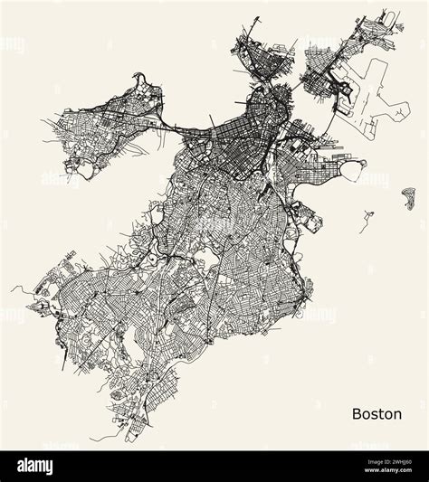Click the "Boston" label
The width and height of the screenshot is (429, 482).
(x=377, y=413)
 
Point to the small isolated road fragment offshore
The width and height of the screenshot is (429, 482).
(x=367, y=218)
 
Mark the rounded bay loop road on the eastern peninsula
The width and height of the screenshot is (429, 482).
(x=355, y=167)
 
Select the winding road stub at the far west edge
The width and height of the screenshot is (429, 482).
(x=18, y=290)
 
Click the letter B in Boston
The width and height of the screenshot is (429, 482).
(x=356, y=413)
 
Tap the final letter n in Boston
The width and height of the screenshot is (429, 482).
(x=397, y=413)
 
